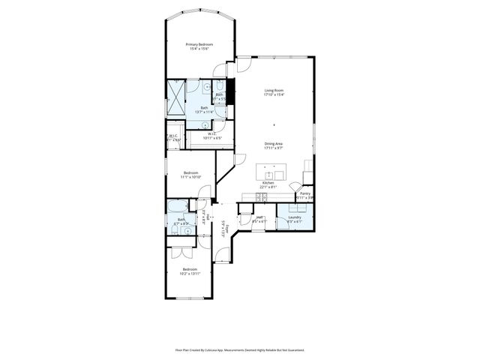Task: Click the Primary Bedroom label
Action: tap(199, 45)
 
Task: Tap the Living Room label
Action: tap(274, 91)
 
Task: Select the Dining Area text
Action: tap(274, 143)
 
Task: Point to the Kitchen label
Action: tap(268, 183)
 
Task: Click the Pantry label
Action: tap(305, 193)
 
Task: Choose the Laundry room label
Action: tap(294, 217)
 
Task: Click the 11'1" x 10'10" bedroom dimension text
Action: tap(190, 178)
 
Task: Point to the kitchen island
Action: tap(274, 171)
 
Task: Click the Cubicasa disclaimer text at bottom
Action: tap(240, 349)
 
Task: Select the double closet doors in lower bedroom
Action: tap(180, 253)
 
